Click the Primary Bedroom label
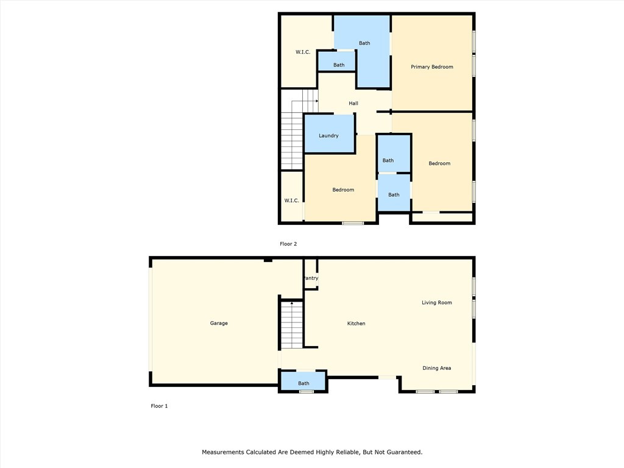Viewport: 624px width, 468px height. tap(431, 67)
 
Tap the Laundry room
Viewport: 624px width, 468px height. tap(328, 135)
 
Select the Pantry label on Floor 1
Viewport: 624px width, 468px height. tap(311, 278)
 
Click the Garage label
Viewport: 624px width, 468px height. tap(219, 323)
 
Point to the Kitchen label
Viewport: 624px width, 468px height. tap(356, 324)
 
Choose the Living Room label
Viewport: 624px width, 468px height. tap(437, 302)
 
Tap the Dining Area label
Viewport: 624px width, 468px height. tap(437, 368)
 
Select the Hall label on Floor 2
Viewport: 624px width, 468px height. tap(353, 104)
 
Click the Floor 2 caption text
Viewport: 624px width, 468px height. tap(288, 244)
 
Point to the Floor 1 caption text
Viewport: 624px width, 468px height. tap(159, 406)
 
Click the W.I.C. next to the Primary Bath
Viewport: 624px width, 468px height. tap(303, 52)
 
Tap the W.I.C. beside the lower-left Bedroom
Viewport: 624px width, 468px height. tap(292, 200)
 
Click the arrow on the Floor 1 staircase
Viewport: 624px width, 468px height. tap(292, 302)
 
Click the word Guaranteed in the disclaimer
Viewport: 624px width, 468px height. tap(403, 452)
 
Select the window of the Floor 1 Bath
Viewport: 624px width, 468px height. tap(306, 391)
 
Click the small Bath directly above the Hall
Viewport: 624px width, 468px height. tap(339, 65)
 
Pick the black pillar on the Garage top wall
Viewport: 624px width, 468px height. tap(268, 261)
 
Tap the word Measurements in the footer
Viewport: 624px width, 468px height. tap(223, 452)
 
